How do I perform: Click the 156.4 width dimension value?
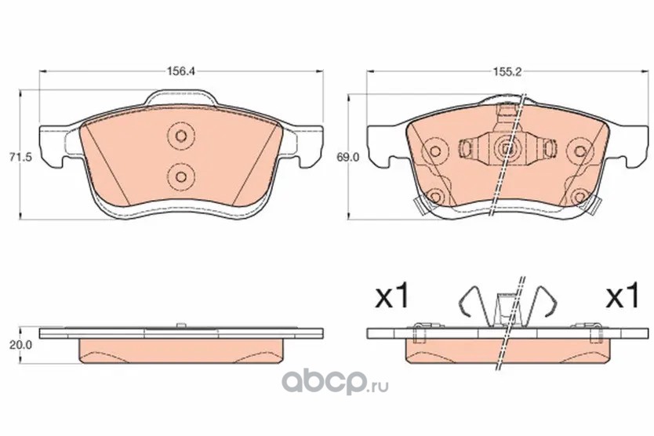click(181, 71)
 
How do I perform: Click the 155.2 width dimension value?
click(507, 72)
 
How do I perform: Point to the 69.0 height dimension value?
click(347, 158)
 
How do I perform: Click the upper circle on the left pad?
click(181, 136)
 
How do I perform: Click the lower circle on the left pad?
click(181, 176)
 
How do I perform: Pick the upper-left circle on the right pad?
click(434, 151)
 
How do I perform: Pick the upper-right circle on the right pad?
click(580, 151)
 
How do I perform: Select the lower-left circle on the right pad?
click(434, 196)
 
